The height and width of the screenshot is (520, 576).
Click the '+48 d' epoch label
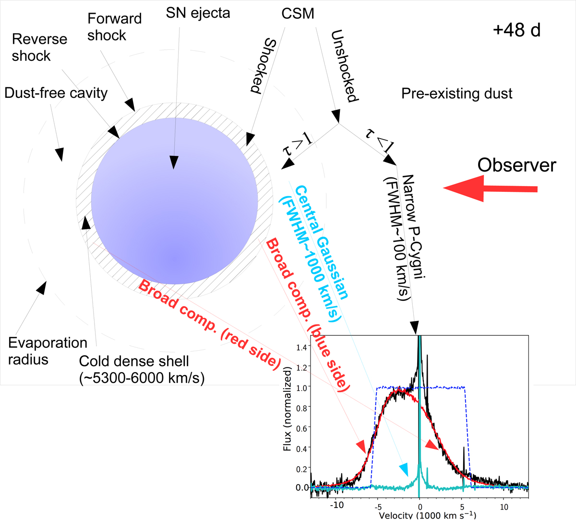[516, 30]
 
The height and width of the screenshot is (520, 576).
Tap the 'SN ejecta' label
[198, 13]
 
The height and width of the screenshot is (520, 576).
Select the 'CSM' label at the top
[298, 13]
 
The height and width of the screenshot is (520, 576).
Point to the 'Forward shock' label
[114, 27]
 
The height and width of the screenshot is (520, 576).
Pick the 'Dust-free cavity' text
[56, 93]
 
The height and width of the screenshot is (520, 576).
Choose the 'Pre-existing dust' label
[456, 93]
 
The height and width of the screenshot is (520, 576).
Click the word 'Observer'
[516, 165]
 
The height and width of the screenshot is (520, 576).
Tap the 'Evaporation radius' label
[48, 351]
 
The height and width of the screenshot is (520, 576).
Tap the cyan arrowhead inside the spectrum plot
[404, 469]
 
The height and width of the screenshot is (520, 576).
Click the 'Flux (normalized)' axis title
[288, 409]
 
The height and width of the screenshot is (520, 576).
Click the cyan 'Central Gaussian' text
[320, 242]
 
